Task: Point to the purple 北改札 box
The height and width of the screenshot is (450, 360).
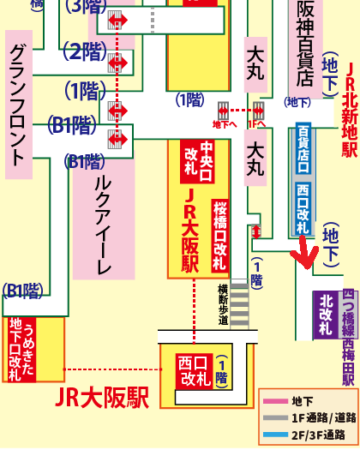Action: click(x=326, y=314)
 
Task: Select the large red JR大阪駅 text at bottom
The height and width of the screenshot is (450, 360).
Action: click(x=101, y=399)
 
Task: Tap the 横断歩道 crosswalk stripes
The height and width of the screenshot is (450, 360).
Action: click(x=238, y=304)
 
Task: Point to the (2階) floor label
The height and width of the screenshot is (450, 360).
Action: click(x=84, y=51)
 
